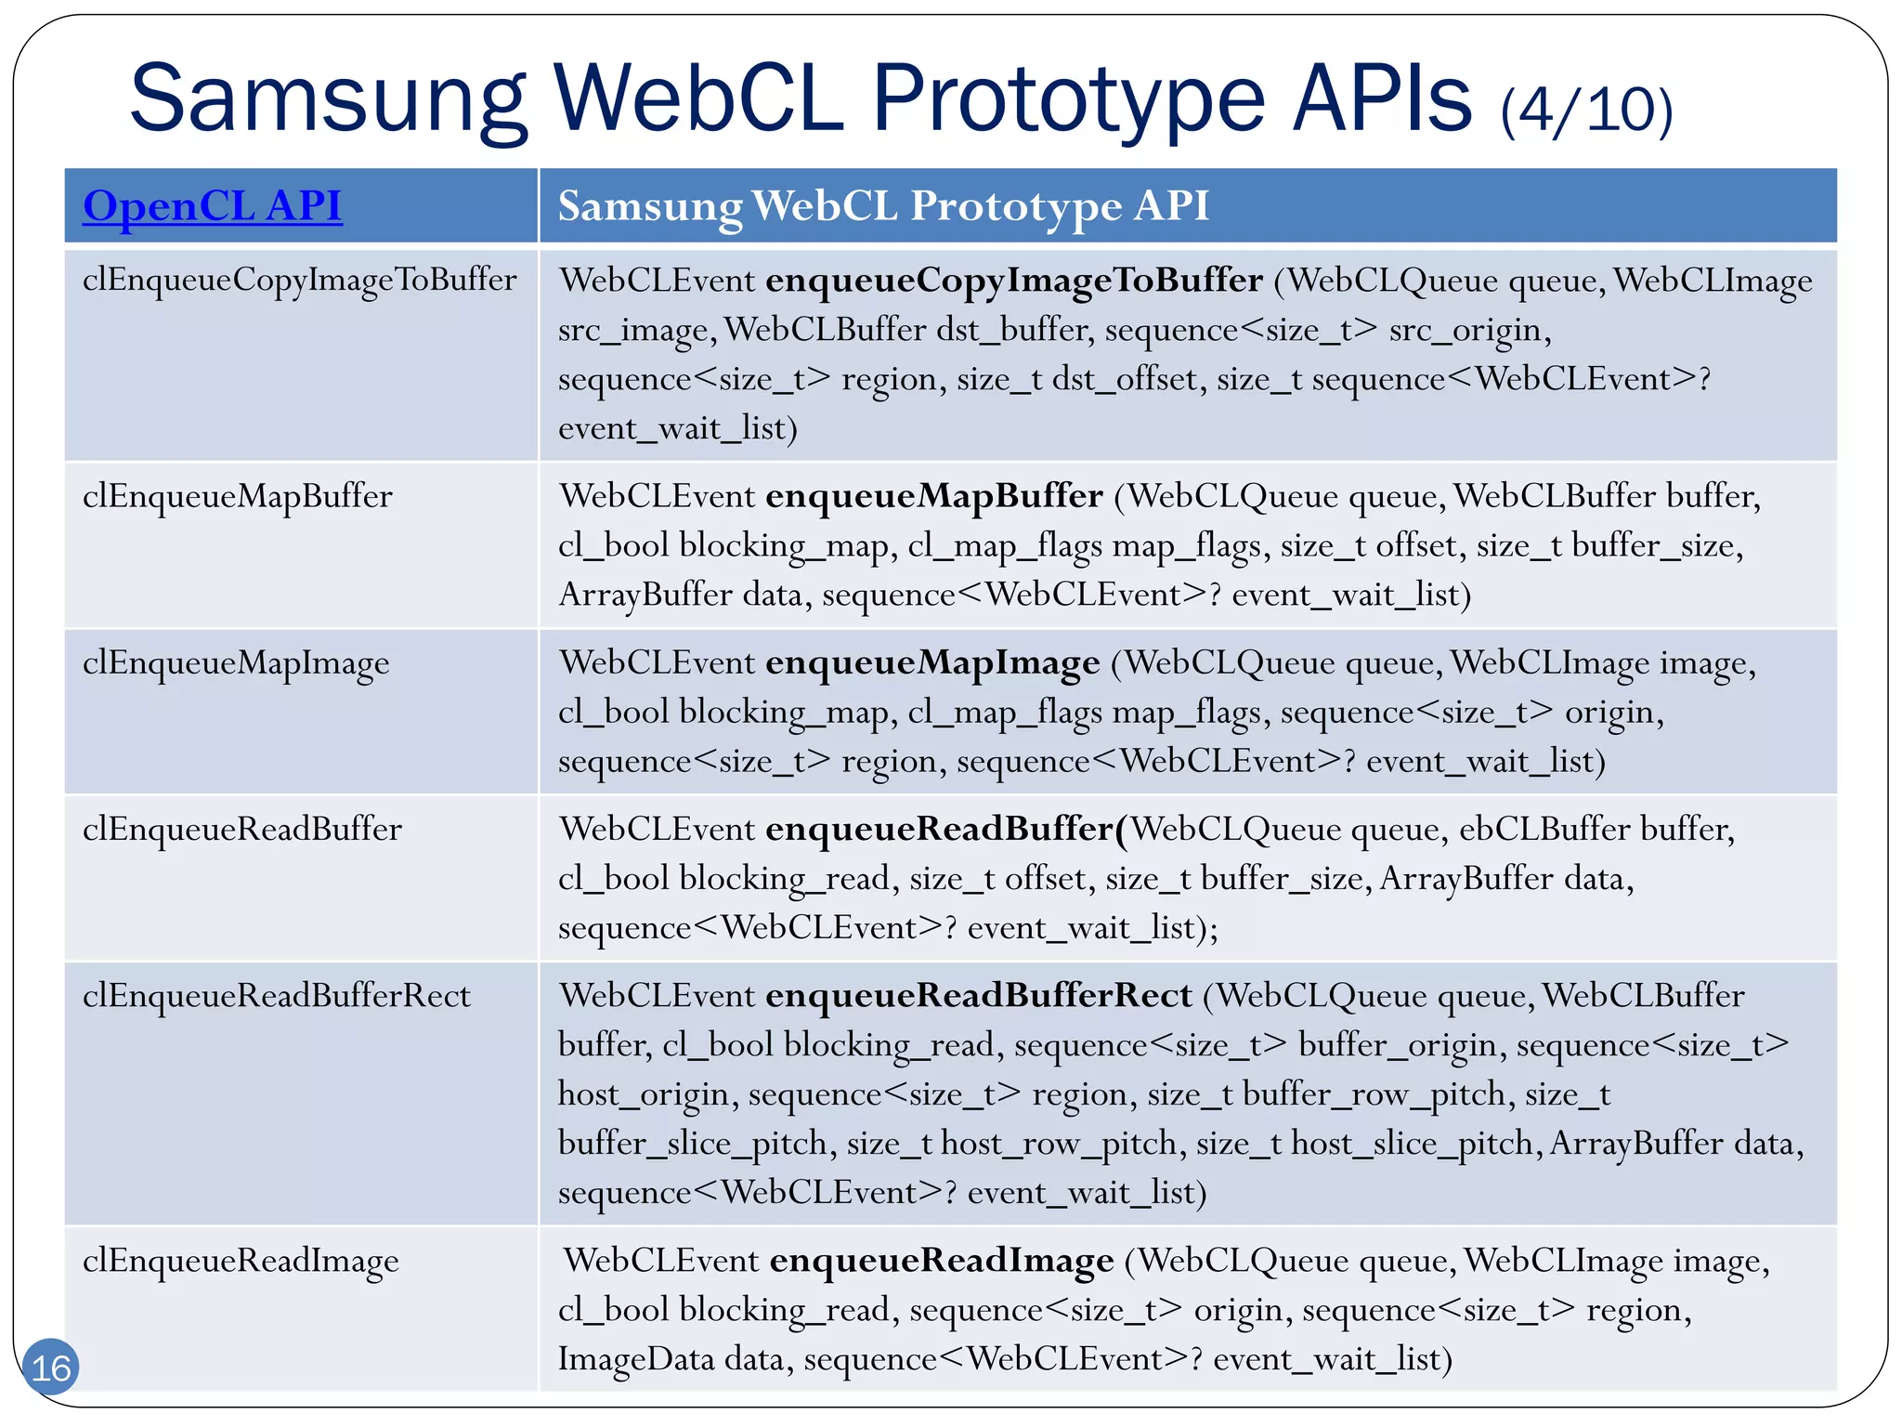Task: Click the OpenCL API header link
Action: [212, 205]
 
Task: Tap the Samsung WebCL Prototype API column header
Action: [882, 205]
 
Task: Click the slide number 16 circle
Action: [51, 1367]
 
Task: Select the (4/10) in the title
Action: [1586, 110]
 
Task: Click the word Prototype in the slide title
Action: [1068, 98]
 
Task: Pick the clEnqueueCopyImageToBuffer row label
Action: [299, 279]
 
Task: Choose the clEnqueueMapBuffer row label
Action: [237, 496]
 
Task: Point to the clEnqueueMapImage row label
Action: [236, 663]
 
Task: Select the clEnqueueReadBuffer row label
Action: [241, 829]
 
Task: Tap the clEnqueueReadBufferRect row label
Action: [276, 996]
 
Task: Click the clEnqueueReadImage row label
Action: [241, 1261]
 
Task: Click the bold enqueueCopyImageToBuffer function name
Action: [1013, 280]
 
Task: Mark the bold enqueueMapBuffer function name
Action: [933, 496]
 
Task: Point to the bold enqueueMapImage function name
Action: [931, 663]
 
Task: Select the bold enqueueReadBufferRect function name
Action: [978, 996]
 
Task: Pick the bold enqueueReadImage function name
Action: [941, 1261]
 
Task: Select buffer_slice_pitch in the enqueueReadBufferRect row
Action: [693, 1144]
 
